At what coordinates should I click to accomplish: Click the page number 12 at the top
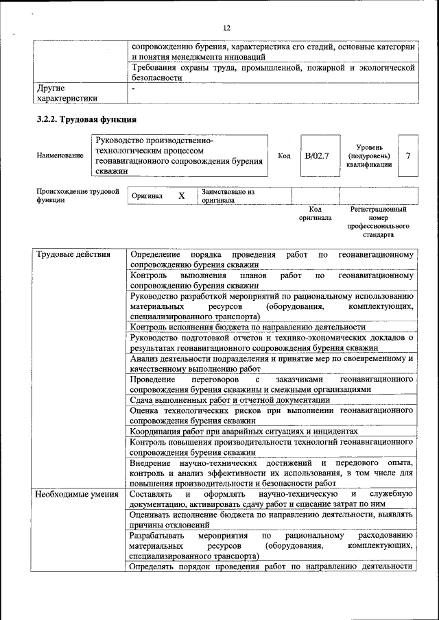click(226, 28)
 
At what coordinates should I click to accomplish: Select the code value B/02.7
click(317, 156)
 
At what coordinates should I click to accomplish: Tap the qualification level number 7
click(408, 156)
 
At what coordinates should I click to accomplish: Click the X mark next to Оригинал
click(182, 196)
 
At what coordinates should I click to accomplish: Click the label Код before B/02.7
click(284, 156)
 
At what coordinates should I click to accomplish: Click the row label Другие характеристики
click(66, 93)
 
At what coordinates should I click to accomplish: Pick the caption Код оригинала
click(315, 213)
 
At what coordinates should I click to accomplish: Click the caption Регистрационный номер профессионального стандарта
click(378, 221)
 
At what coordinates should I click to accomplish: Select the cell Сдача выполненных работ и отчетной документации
click(230, 400)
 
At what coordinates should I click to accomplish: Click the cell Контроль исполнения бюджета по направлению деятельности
click(248, 327)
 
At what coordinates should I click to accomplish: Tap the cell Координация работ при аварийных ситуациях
click(244, 432)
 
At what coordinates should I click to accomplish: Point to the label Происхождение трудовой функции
click(73, 196)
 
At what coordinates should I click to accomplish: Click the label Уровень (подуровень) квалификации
click(369, 156)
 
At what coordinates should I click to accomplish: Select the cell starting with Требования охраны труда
click(272, 73)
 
